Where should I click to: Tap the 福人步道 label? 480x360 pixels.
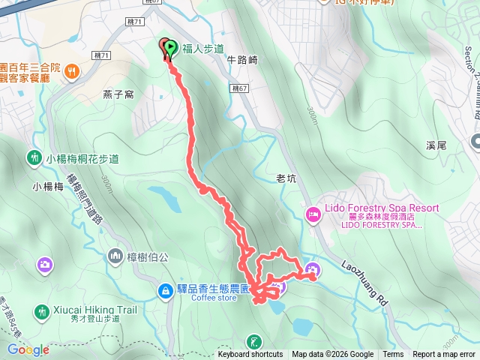[x=204, y=49]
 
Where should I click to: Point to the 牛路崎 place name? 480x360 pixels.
[x=242, y=60]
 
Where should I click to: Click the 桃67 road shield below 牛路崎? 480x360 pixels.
[x=238, y=89]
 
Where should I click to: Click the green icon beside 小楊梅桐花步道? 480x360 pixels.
[x=34, y=158]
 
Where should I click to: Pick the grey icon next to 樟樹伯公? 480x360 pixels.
[x=115, y=256]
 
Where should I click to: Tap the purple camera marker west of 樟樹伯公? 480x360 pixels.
[x=45, y=263]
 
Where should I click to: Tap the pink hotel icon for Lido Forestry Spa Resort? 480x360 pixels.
[x=313, y=214]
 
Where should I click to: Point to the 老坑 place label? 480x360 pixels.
[x=287, y=178]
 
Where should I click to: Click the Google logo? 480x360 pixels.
[x=28, y=349]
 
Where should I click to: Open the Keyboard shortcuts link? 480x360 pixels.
[x=250, y=355]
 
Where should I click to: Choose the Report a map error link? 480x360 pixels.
[x=444, y=355]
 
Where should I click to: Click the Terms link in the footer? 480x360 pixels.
[x=393, y=355]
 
